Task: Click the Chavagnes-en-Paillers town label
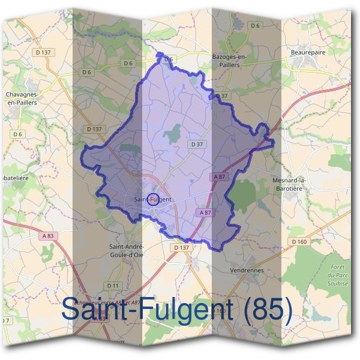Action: click(22, 98)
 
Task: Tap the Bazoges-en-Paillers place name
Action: click(230, 59)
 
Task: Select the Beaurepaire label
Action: click(308, 52)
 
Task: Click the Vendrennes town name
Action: click(247, 271)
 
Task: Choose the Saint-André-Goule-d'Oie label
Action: click(125, 250)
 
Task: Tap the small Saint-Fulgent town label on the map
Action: click(152, 199)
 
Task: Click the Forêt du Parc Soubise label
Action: click(340, 274)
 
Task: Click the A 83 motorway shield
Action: click(48, 236)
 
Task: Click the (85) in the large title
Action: click(264, 310)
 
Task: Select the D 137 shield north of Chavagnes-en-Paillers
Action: click(44, 53)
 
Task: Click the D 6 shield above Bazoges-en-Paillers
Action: click(256, 25)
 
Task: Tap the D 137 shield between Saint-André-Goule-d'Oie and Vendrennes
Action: click(180, 247)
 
